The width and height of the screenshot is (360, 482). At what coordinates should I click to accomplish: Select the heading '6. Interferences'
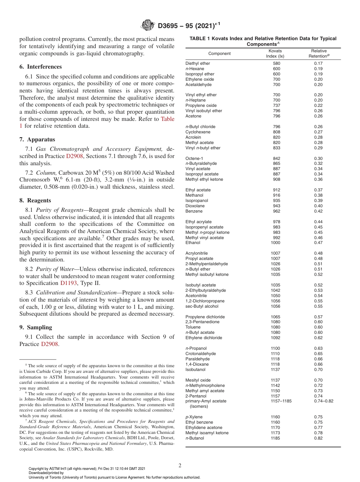click(41, 67)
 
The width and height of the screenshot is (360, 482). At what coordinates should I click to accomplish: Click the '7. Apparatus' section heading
click(37, 139)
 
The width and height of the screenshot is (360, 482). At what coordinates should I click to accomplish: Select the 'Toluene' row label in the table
click(193, 327)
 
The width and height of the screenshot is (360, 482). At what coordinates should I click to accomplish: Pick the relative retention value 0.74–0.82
click(324, 401)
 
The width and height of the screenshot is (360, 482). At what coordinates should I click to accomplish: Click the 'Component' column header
click(219, 53)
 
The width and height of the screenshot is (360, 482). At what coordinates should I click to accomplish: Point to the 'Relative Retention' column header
click(319, 53)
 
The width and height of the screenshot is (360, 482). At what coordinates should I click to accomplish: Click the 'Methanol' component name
click(194, 195)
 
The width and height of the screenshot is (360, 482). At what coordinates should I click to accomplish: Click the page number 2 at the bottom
click(180, 466)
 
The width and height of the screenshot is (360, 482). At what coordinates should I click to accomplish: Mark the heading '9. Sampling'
click(36, 327)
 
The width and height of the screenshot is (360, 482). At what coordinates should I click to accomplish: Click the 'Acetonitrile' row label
click(196, 296)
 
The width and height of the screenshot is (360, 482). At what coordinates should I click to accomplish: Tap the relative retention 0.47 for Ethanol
click(318, 243)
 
